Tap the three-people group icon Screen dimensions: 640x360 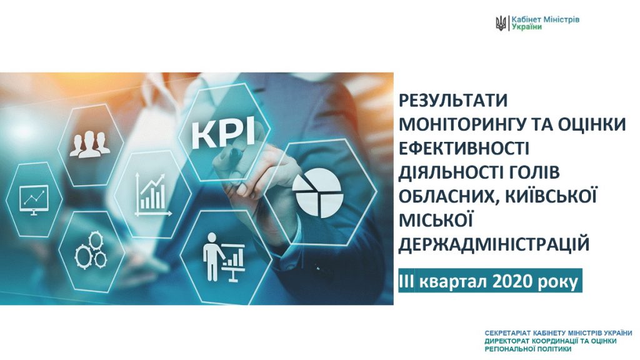[90, 145]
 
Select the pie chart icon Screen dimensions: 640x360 [317, 192]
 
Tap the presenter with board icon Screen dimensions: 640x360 [224, 257]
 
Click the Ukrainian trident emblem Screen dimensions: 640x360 [501, 23]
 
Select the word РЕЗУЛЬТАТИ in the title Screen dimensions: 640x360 [453, 101]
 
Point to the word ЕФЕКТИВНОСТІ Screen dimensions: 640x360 [464, 148]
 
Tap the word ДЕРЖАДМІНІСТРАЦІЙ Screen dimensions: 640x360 [494, 244]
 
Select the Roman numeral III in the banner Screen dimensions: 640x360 [407, 281]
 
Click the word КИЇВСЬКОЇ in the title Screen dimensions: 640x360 [551, 196]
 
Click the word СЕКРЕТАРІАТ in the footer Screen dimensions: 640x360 [504, 333]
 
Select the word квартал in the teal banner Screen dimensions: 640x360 [454, 282]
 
